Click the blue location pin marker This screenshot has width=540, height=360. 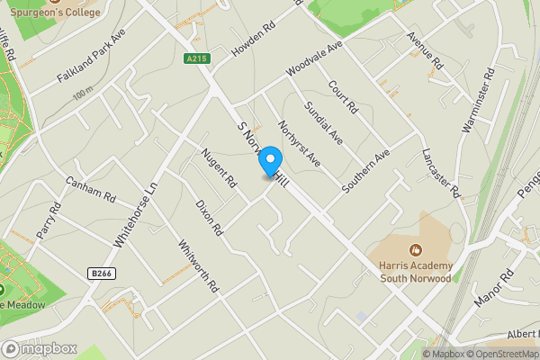pyautogui.click(x=269, y=158)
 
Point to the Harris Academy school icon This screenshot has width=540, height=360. pyautogui.click(x=414, y=249)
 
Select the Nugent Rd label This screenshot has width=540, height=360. pyautogui.click(x=219, y=166)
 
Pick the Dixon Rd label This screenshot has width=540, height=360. pyautogui.click(x=209, y=217)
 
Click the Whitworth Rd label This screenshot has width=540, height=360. pyautogui.click(x=198, y=265)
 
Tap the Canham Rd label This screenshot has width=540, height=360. pyautogui.click(x=91, y=188)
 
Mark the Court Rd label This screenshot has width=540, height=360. pyautogui.click(x=344, y=97)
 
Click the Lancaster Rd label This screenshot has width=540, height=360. pyautogui.click(x=440, y=172)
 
